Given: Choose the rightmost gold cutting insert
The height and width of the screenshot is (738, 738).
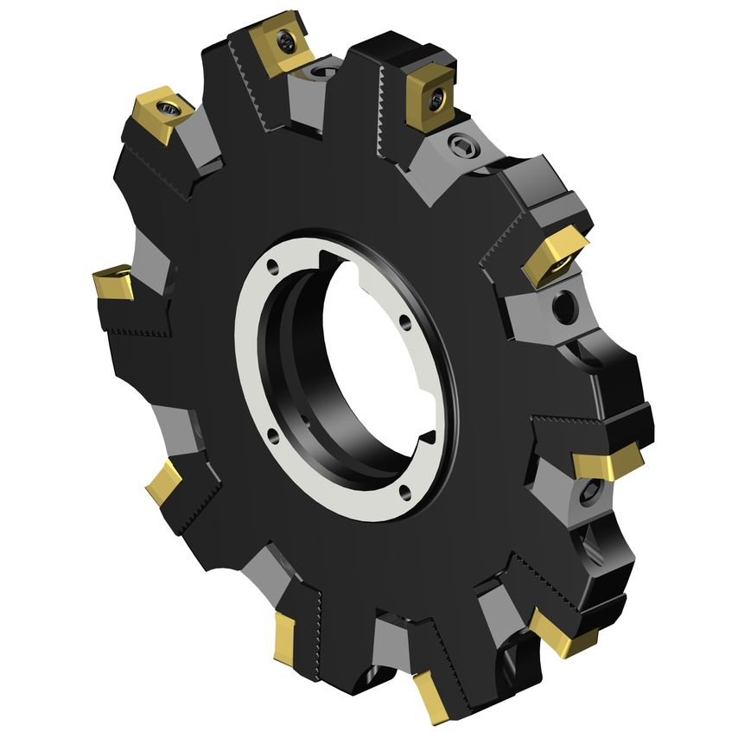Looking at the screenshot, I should [608, 465].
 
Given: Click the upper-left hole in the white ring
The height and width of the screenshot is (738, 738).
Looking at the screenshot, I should [274, 266].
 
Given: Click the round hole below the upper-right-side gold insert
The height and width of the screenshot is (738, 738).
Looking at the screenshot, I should [563, 306].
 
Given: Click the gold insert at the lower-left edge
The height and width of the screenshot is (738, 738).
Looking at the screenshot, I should [164, 482].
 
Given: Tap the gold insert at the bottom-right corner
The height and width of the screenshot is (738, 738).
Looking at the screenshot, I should [562, 636].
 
